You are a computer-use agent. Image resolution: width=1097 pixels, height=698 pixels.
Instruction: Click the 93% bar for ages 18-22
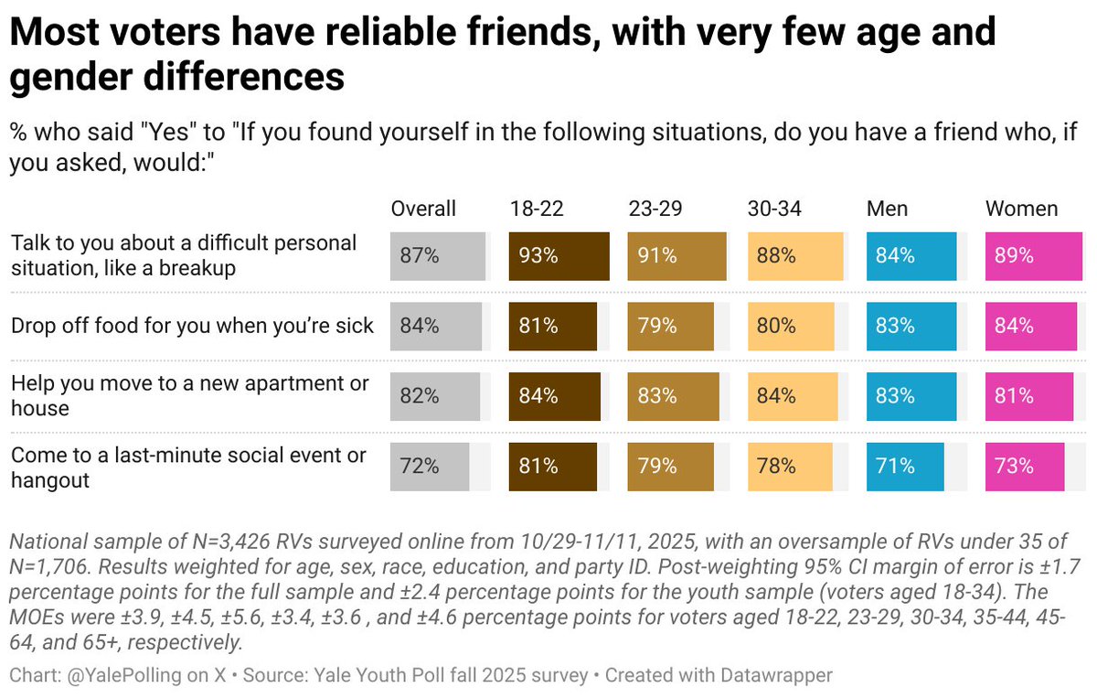[559, 256]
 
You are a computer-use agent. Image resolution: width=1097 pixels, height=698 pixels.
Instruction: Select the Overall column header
[423, 209]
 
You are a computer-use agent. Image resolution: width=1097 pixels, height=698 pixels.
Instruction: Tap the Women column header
[1021, 209]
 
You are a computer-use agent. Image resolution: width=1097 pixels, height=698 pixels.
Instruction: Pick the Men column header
[887, 209]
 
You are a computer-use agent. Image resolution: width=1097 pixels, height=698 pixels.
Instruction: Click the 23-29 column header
[655, 209]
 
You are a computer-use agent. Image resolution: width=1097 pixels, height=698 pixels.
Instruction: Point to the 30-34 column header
[774, 209]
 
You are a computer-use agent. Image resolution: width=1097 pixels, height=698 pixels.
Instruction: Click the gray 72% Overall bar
[430, 467]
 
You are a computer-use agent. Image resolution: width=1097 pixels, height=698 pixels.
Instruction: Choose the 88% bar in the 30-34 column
[794, 256]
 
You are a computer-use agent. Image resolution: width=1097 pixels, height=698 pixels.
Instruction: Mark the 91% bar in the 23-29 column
[676, 256]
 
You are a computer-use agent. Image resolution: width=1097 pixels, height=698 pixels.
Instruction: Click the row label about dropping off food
[192, 326]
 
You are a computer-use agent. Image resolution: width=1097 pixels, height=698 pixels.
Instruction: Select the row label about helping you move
[189, 395]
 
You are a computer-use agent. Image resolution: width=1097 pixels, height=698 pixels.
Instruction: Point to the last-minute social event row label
[188, 467]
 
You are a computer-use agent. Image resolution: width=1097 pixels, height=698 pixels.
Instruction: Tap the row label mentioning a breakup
[183, 256]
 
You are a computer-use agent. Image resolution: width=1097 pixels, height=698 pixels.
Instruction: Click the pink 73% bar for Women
[1025, 467]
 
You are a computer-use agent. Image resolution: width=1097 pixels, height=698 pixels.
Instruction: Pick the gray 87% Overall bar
[437, 256]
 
